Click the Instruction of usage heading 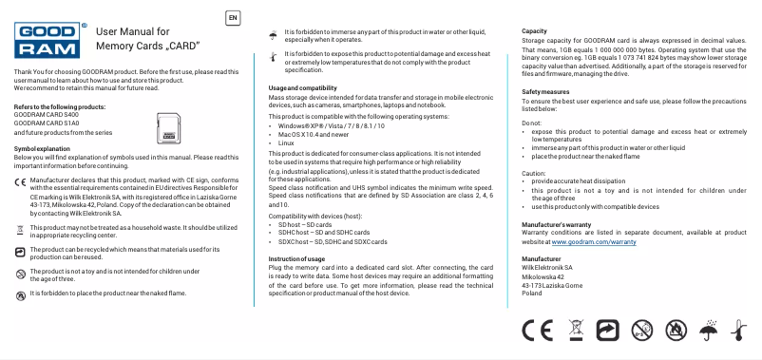[x=296, y=259]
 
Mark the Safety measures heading [x=545, y=90]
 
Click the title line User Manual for [x=133, y=31]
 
